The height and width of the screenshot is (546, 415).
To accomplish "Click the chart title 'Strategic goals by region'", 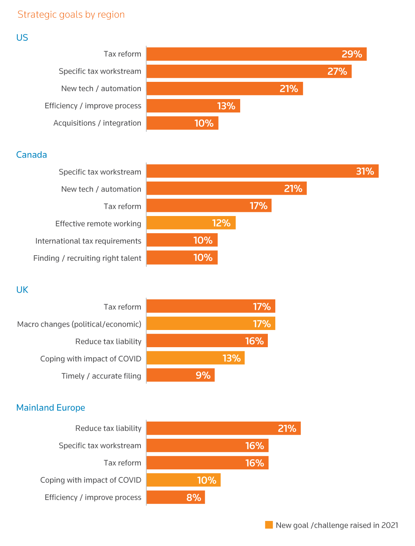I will [x=71, y=15].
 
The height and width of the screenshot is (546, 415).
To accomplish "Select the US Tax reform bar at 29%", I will [x=256, y=54].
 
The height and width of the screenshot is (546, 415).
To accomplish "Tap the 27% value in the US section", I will [x=337, y=71].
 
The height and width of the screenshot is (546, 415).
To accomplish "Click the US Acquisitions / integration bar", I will [x=182, y=123].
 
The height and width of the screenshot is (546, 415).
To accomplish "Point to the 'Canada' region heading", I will [x=31, y=155].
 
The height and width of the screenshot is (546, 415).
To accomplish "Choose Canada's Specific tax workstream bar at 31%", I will [x=262, y=171].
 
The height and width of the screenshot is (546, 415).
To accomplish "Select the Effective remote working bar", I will [x=191, y=223].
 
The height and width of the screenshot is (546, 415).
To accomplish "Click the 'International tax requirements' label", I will [x=88, y=241].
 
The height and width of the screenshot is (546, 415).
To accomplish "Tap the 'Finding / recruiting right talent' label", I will [x=87, y=258].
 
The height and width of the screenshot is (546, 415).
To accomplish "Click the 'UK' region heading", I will [x=22, y=290].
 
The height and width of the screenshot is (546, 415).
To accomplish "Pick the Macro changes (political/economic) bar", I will [x=211, y=324].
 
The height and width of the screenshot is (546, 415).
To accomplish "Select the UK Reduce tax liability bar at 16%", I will [x=207, y=341].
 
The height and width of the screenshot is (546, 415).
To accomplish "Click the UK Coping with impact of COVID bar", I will [x=195, y=358].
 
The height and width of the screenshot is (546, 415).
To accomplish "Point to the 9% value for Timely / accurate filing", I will [x=203, y=375].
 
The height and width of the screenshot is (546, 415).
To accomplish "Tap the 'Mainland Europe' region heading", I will [x=50, y=407].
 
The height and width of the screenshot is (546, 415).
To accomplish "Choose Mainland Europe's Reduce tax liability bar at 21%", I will [x=223, y=428].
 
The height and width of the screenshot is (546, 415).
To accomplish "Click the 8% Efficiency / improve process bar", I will [x=176, y=497].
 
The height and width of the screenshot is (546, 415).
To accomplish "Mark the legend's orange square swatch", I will [x=269, y=525].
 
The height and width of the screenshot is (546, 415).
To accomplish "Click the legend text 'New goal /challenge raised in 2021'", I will [x=337, y=525].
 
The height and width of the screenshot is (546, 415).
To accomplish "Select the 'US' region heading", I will [x=22, y=38].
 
